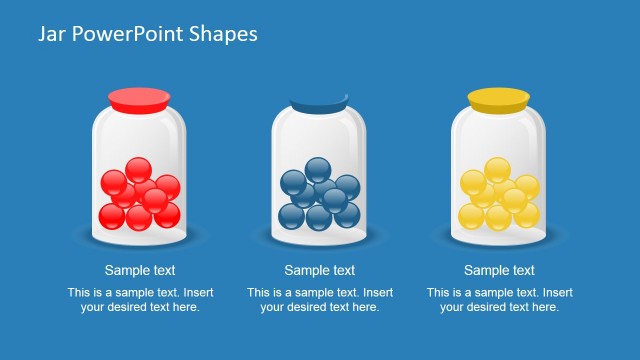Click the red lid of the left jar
[x=140, y=98]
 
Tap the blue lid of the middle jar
[x=319, y=103]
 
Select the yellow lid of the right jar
[x=498, y=98]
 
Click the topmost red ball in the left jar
[x=139, y=170]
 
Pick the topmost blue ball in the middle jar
[x=318, y=170]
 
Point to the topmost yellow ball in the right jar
[x=497, y=170]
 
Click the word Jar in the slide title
[x=53, y=34]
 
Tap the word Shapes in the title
[x=225, y=34]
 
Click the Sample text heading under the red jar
[x=140, y=270]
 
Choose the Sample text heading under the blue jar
[x=320, y=270]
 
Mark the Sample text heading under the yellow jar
[x=500, y=270]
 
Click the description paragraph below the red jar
[x=140, y=300]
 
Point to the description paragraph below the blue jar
[x=320, y=300]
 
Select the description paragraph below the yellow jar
[x=500, y=300]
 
